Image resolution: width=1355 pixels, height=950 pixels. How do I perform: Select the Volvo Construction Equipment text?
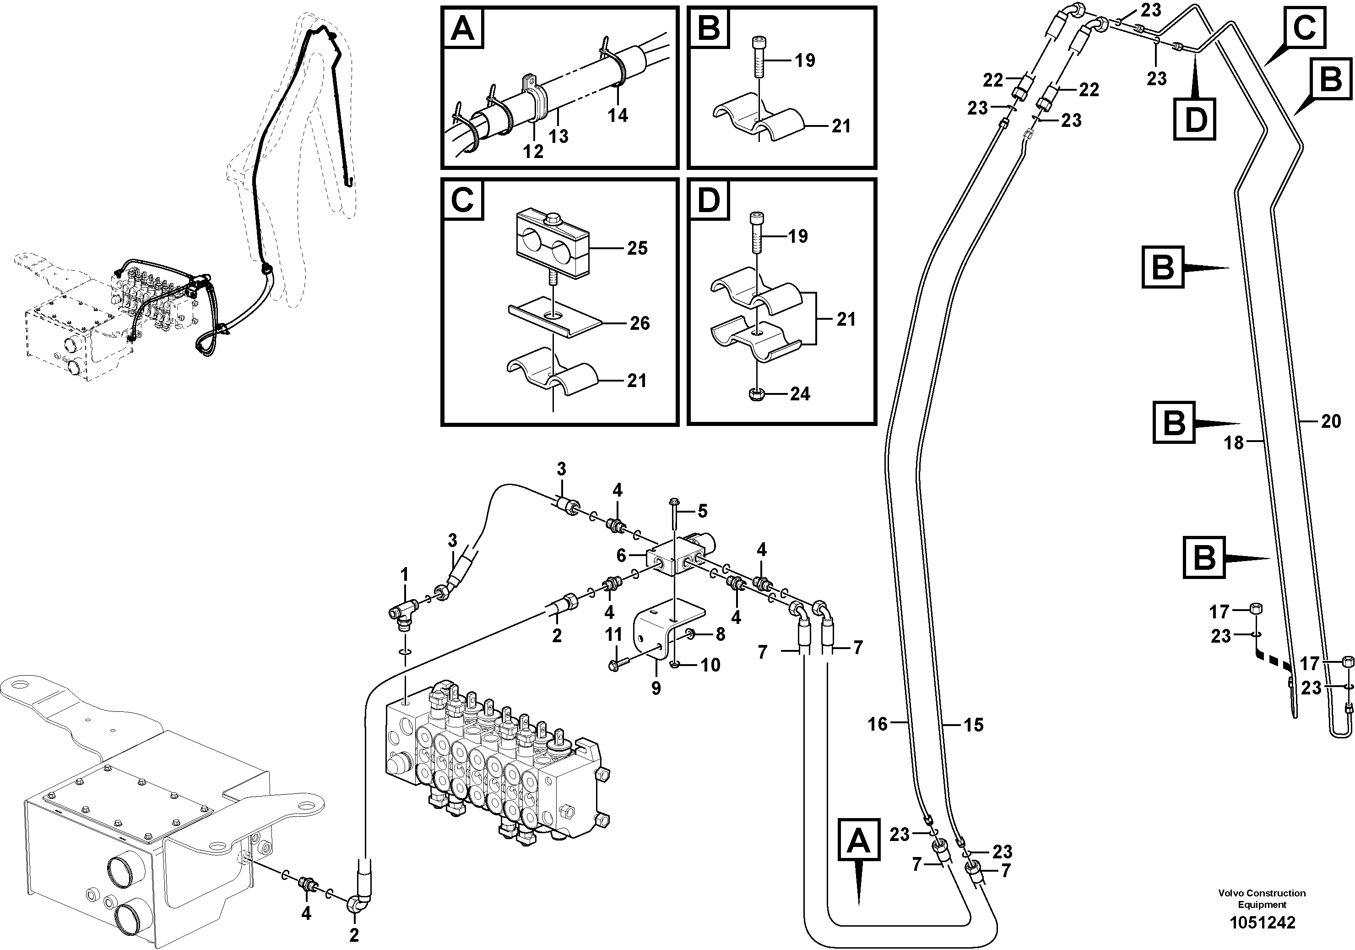click(1262, 899)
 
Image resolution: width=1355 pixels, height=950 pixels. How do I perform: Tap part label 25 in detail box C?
click(637, 248)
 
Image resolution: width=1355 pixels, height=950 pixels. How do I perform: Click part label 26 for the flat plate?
click(639, 323)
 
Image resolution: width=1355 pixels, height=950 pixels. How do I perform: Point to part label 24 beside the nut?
click(800, 394)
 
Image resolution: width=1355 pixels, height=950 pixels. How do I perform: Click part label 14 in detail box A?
click(618, 115)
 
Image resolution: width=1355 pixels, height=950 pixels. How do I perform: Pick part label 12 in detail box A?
click(533, 152)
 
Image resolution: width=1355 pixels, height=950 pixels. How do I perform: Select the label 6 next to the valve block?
click(621, 555)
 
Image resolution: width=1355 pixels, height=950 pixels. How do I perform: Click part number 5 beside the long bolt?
click(702, 511)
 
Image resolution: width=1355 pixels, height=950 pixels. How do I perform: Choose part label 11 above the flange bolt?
click(614, 635)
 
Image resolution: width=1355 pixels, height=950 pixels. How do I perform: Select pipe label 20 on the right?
click(1331, 421)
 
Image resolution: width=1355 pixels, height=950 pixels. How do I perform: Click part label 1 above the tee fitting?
click(404, 574)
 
